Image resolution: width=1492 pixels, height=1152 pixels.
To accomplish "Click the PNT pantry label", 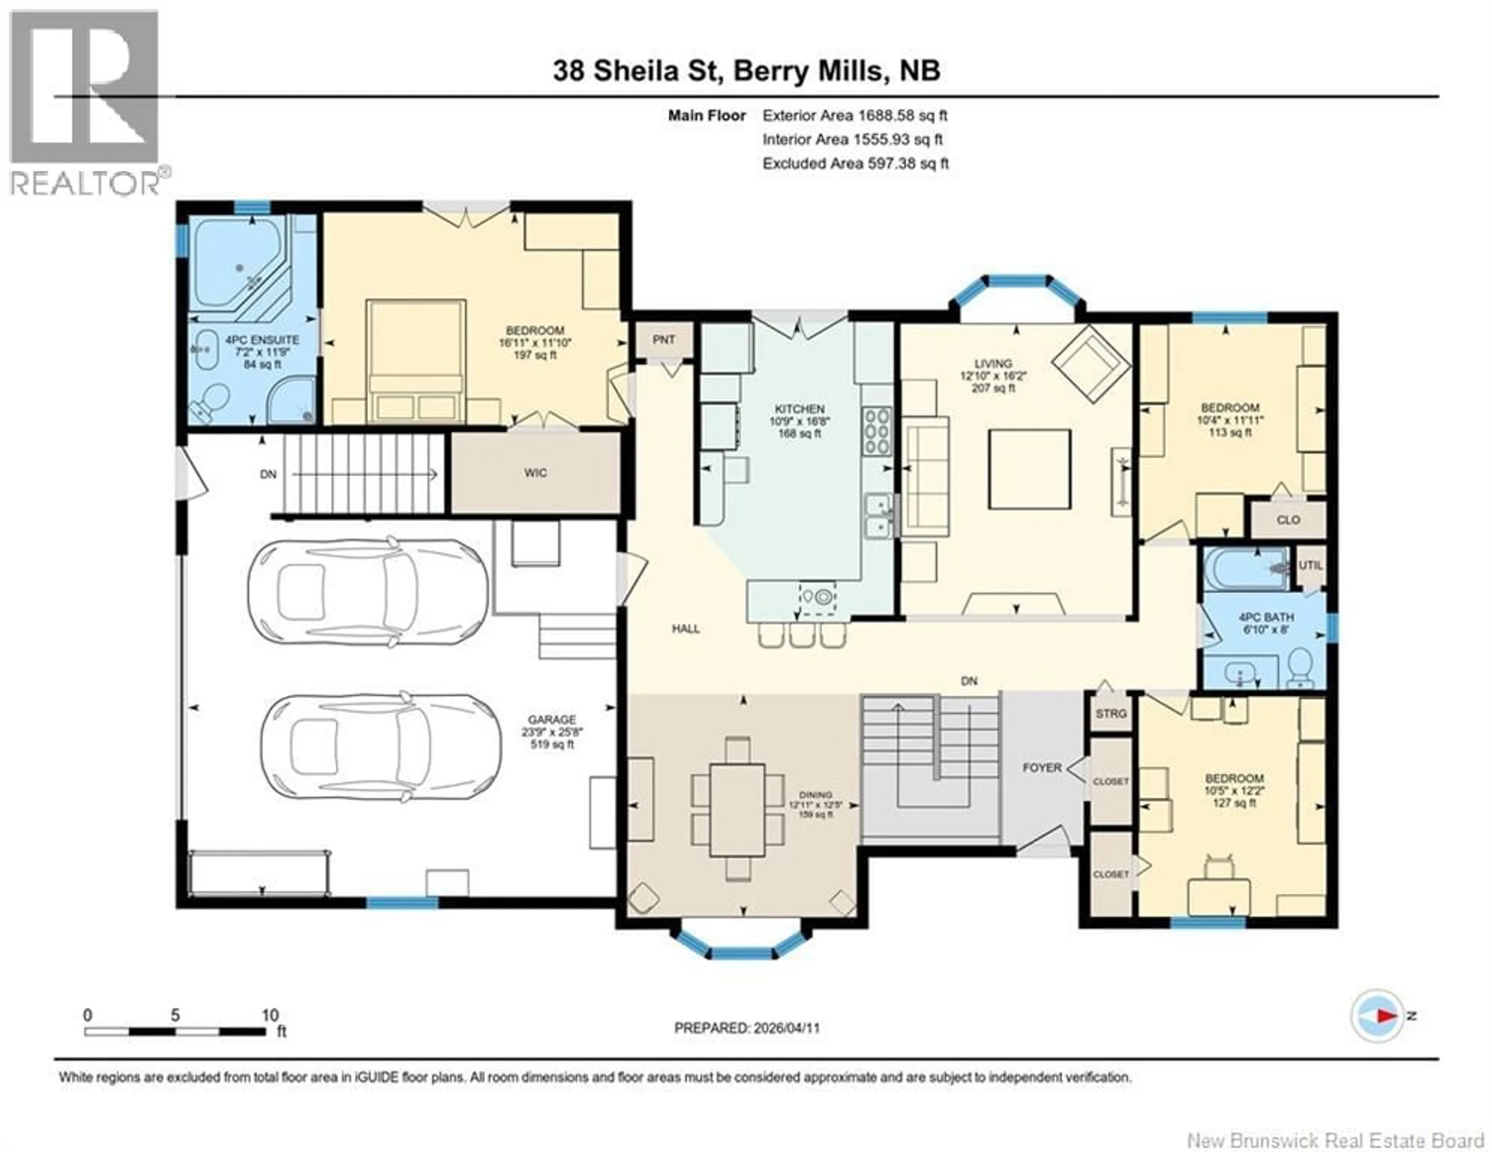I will [x=663, y=340].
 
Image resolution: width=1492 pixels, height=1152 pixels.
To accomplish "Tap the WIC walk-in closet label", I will [x=535, y=473].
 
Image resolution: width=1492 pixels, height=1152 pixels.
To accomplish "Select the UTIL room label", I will [x=1310, y=565].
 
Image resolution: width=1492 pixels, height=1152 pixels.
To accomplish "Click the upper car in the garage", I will [x=368, y=592].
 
